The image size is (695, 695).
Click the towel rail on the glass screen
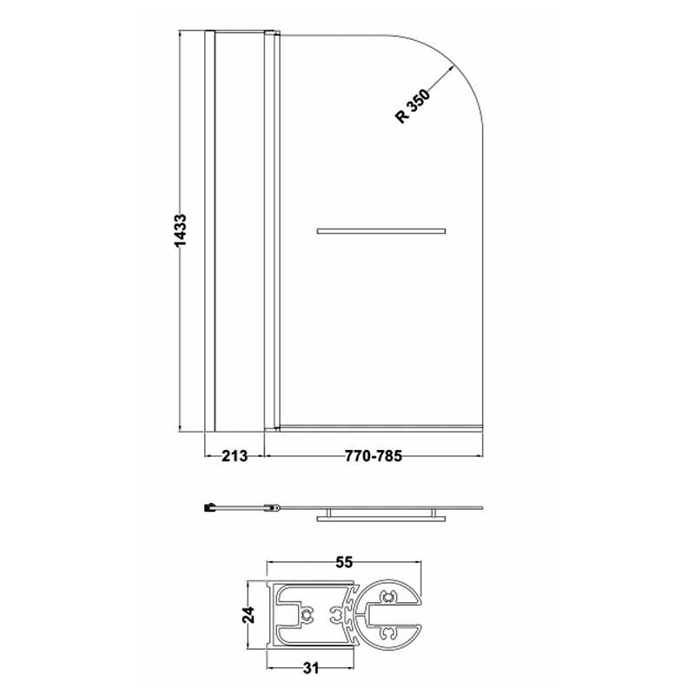[381, 231]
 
